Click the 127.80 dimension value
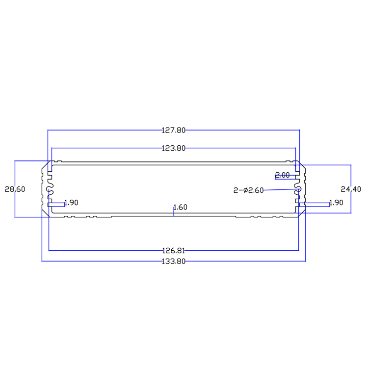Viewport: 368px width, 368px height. (174, 131)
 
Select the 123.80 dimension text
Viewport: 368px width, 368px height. (174, 148)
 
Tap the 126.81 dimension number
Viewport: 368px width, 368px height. (174, 250)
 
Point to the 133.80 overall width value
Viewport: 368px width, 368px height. (174, 262)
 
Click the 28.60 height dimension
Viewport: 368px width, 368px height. (14, 189)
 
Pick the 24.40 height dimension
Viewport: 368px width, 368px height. (351, 189)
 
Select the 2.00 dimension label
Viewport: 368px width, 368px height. (283, 175)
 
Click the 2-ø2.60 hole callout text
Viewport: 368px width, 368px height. (249, 190)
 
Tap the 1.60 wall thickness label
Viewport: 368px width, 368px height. (180, 207)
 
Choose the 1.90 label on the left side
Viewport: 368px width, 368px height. (71, 202)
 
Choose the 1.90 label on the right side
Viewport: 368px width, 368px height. (336, 202)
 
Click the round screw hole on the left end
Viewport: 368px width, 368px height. (50, 188)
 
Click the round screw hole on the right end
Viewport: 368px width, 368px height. (298, 189)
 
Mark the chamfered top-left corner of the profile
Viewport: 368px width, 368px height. (45, 166)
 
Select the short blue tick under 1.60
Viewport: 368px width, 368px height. (174, 211)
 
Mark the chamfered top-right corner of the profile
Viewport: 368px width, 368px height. (302, 166)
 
